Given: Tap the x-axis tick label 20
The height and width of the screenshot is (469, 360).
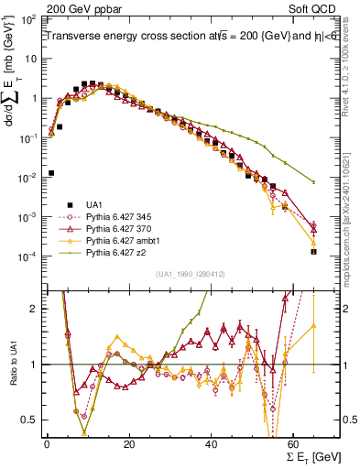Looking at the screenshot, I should (129, 444).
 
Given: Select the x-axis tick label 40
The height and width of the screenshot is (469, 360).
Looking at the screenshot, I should (212, 444).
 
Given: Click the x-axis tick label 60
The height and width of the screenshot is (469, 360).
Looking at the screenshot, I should (294, 444).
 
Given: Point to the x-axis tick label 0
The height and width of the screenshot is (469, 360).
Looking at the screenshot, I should (47, 444).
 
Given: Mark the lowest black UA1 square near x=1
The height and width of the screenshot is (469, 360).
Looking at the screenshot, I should (51, 172).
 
